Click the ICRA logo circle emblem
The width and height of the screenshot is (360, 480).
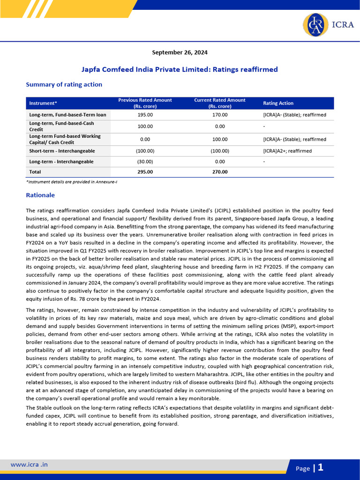(x=315, y=25)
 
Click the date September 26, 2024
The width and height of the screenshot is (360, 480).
(x=180, y=52)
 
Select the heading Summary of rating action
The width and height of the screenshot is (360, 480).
(x=64, y=84)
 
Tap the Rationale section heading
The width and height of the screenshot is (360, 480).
(x=40, y=195)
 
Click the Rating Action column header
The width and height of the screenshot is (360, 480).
(x=278, y=103)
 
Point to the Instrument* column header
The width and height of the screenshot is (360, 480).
(x=43, y=103)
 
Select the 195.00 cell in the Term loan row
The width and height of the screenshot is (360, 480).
(x=145, y=115)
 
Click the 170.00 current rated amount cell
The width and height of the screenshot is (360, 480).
(x=220, y=115)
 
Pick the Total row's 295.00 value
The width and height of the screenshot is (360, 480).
(x=145, y=172)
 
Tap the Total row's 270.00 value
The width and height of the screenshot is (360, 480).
(x=220, y=172)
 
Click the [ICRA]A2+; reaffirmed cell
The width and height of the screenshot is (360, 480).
(x=287, y=151)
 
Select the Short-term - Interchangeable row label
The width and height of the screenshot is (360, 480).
(x=62, y=151)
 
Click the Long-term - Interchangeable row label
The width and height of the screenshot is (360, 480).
(x=61, y=162)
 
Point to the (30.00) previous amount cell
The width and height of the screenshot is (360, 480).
(x=145, y=162)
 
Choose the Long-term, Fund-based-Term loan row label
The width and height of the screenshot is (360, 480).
(x=67, y=115)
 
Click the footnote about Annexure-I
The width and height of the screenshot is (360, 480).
(x=71, y=182)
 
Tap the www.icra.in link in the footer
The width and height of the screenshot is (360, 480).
(x=29, y=465)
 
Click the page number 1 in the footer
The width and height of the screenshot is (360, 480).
(x=321, y=467)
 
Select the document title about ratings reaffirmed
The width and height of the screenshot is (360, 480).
(x=180, y=69)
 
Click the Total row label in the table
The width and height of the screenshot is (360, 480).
(x=35, y=172)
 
